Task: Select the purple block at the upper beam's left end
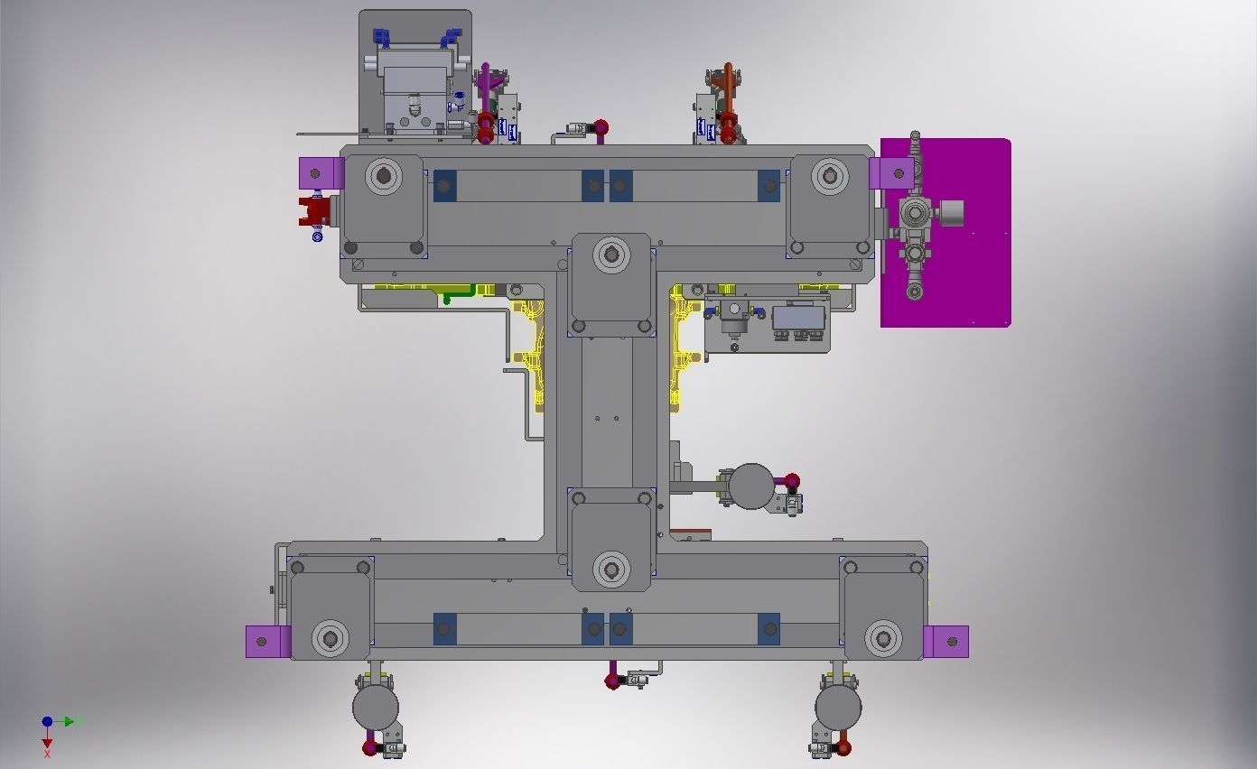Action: click(x=317, y=171)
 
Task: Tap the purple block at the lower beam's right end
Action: click(x=945, y=642)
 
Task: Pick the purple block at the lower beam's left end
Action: click(x=267, y=642)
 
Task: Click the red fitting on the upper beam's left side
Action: click(x=314, y=212)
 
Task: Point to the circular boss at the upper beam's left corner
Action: click(x=383, y=175)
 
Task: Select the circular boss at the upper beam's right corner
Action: click(x=829, y=175)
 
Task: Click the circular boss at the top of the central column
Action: click(x=611, y=255)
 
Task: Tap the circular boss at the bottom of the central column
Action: click(x=611, y=570)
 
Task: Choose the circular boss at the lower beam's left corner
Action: click(x=330, y=638)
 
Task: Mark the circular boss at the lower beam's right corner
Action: click(x=882, y=638)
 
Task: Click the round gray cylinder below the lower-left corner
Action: click(x=375, y=708)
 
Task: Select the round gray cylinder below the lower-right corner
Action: click(x=837, y=708)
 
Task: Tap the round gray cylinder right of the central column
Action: click(x=750, y=486)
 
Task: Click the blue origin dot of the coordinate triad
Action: click(x=47, y=721)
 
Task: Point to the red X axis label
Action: click(x=47, y=754)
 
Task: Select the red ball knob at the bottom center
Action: click(x=612, y=681)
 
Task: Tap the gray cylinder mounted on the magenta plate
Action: click(x=949, y=214)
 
